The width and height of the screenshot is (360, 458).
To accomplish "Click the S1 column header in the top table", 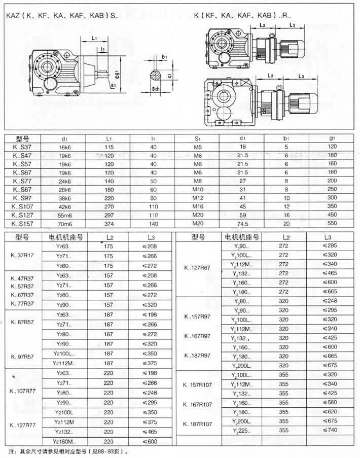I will point(198,138).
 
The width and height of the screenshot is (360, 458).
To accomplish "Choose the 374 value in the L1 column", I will point(107,223).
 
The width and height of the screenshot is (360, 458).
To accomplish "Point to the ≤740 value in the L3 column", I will point(331,429).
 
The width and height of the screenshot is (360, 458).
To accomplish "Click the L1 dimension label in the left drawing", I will point(95,38).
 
